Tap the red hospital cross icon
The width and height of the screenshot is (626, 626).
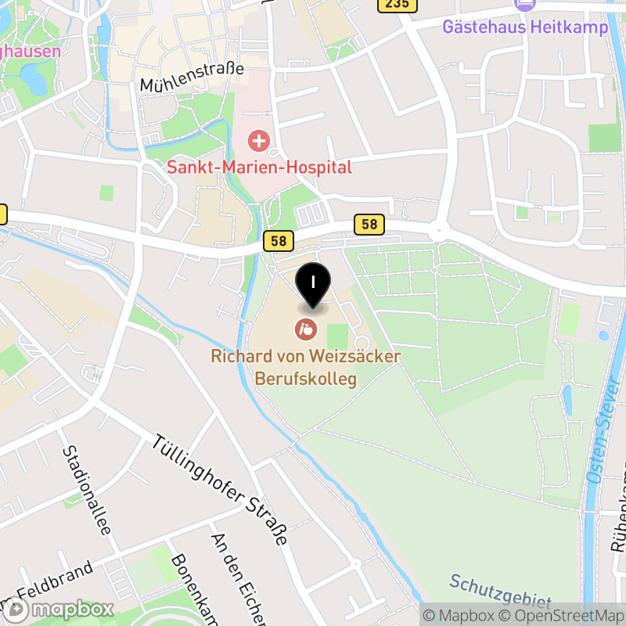pyautogui.click(x=258, y=142)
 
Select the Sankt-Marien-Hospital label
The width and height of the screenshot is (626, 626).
pyautogui.click(x=259, y=167)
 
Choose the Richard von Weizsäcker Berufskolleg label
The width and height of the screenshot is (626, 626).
pyautogui.click(x=306, y=368)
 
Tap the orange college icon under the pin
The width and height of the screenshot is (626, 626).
pyautogui.click(x=305, y=329)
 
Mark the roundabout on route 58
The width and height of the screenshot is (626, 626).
pyautogui.click(x=439, y=232)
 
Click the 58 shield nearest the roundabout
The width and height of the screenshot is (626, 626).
pyautogui.click(x=369, y=225)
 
